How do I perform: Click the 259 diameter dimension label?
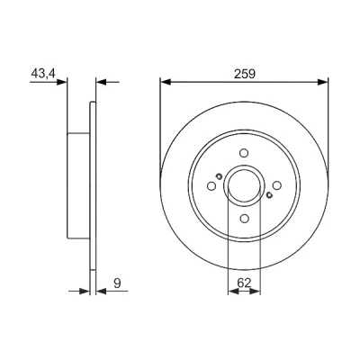pyautogui.click(x=245, y=74)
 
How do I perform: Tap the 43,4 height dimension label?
pyautogui.click(x=43, y=74)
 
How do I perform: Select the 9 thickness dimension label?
pyautogui.click(x=117, y=283)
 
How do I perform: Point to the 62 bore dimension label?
pyautogui.click(x=244, y=283)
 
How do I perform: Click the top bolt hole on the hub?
pyautogui.click(x=244, y=153)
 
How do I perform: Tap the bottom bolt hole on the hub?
pyautogui.click(x=244, y=218)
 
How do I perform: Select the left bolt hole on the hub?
pyautogui.click(x=211, y=186)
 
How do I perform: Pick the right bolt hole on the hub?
pyautogui.click(x=277, y=185)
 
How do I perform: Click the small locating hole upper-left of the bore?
pyautogui.click(x=220, y=176)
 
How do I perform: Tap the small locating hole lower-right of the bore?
pyautogui.click(x=269, y=195)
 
